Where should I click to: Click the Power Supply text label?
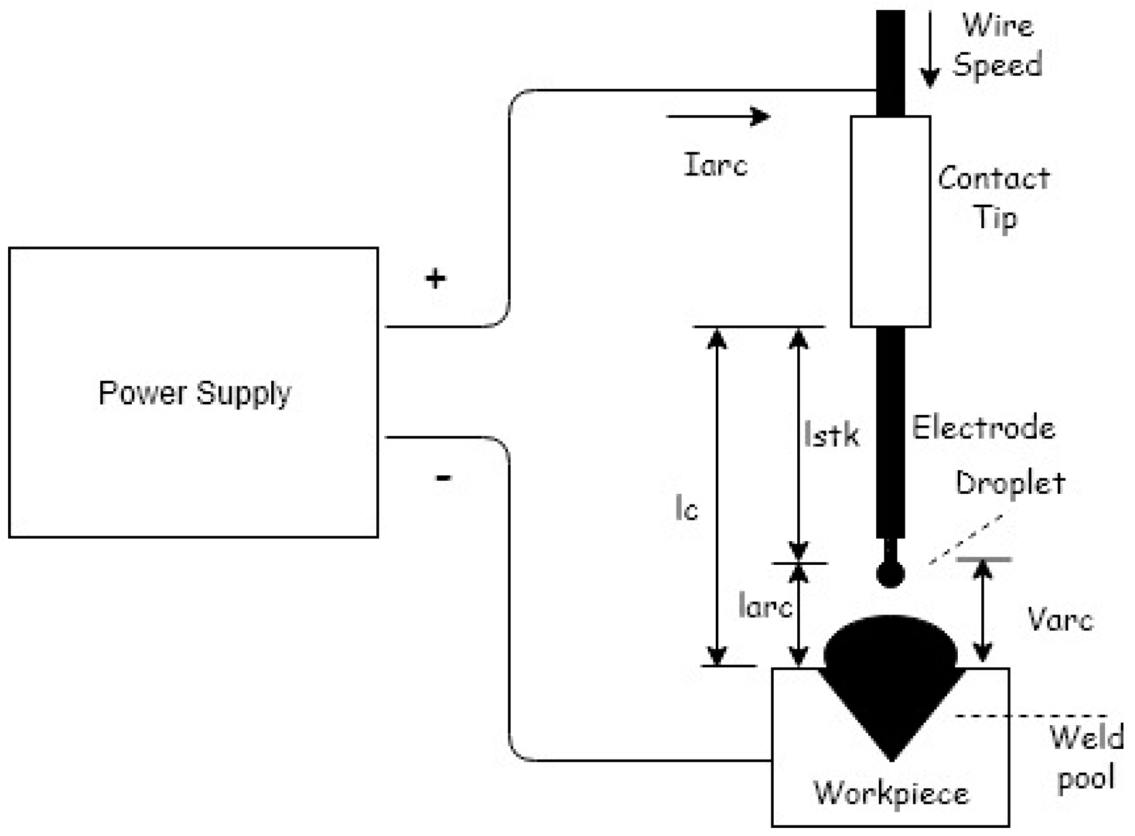pyautogui.click(x=195, y=393)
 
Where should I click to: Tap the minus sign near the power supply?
pyautogui.click(x=443, y=478)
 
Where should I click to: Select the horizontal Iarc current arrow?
pyautogui.click(x=718, y=116)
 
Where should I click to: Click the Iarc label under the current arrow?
pyautogui.click(x=715, y=165)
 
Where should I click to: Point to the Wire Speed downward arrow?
pyautogui.click(x=929, y=50)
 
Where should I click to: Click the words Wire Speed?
pyautogui.click(x=998, y=45)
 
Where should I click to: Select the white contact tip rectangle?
pyautogui.click(x=890, y=221)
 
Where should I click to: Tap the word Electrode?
pyautogui.click(x=983, y=428)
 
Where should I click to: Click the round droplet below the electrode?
pyautogui.click(x=890, y=574)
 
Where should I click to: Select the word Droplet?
pyautogui.click(x=1010, y=483)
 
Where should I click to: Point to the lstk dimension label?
pyautogui.click(x=831, y=434)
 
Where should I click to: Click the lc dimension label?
pyautogui.click(x=687, y=509)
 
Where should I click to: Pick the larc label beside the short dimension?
pyautogui.click(x=765, y=605)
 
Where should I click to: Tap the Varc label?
pyautogui.click(x=1060, y=620)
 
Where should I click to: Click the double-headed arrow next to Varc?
pyautogui.click(x=983, y=611)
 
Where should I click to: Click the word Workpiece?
pyautogui.click(x=891, y=793)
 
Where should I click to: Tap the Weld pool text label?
pyautogui.click(x=1086, y=757)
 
